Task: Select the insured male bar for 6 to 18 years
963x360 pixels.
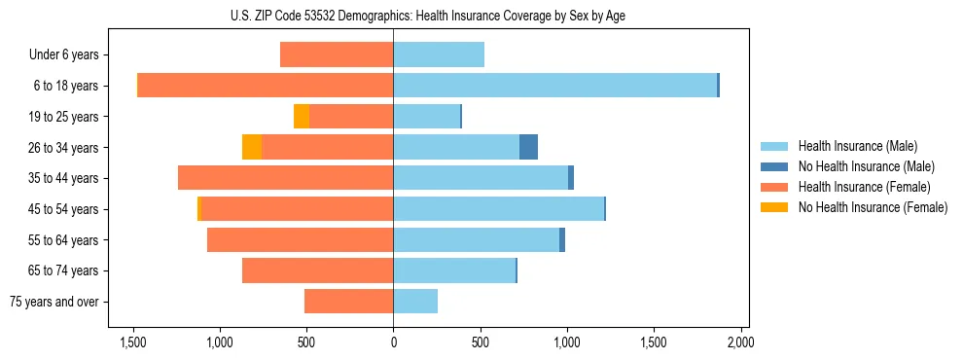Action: tap(554, 86)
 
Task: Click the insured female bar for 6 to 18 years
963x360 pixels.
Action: tap(265, 86)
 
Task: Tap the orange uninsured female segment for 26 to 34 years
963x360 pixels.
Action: tap(252, 147)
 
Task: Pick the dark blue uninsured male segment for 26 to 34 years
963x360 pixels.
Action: tap(528, 147)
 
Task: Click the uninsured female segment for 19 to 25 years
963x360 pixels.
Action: tap(302, 116)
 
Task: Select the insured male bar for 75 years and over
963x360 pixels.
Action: tap(415, 302)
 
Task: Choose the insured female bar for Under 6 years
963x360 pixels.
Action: tap(337, 54)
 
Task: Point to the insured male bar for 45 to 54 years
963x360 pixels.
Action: tap(498, 208)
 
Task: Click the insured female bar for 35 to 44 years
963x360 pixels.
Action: tap(286, 178)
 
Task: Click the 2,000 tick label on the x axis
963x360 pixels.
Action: tap(741, 342)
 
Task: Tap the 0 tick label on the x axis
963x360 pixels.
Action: tap(393, 342)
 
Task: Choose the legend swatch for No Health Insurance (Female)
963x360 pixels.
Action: tap(775, 207)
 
